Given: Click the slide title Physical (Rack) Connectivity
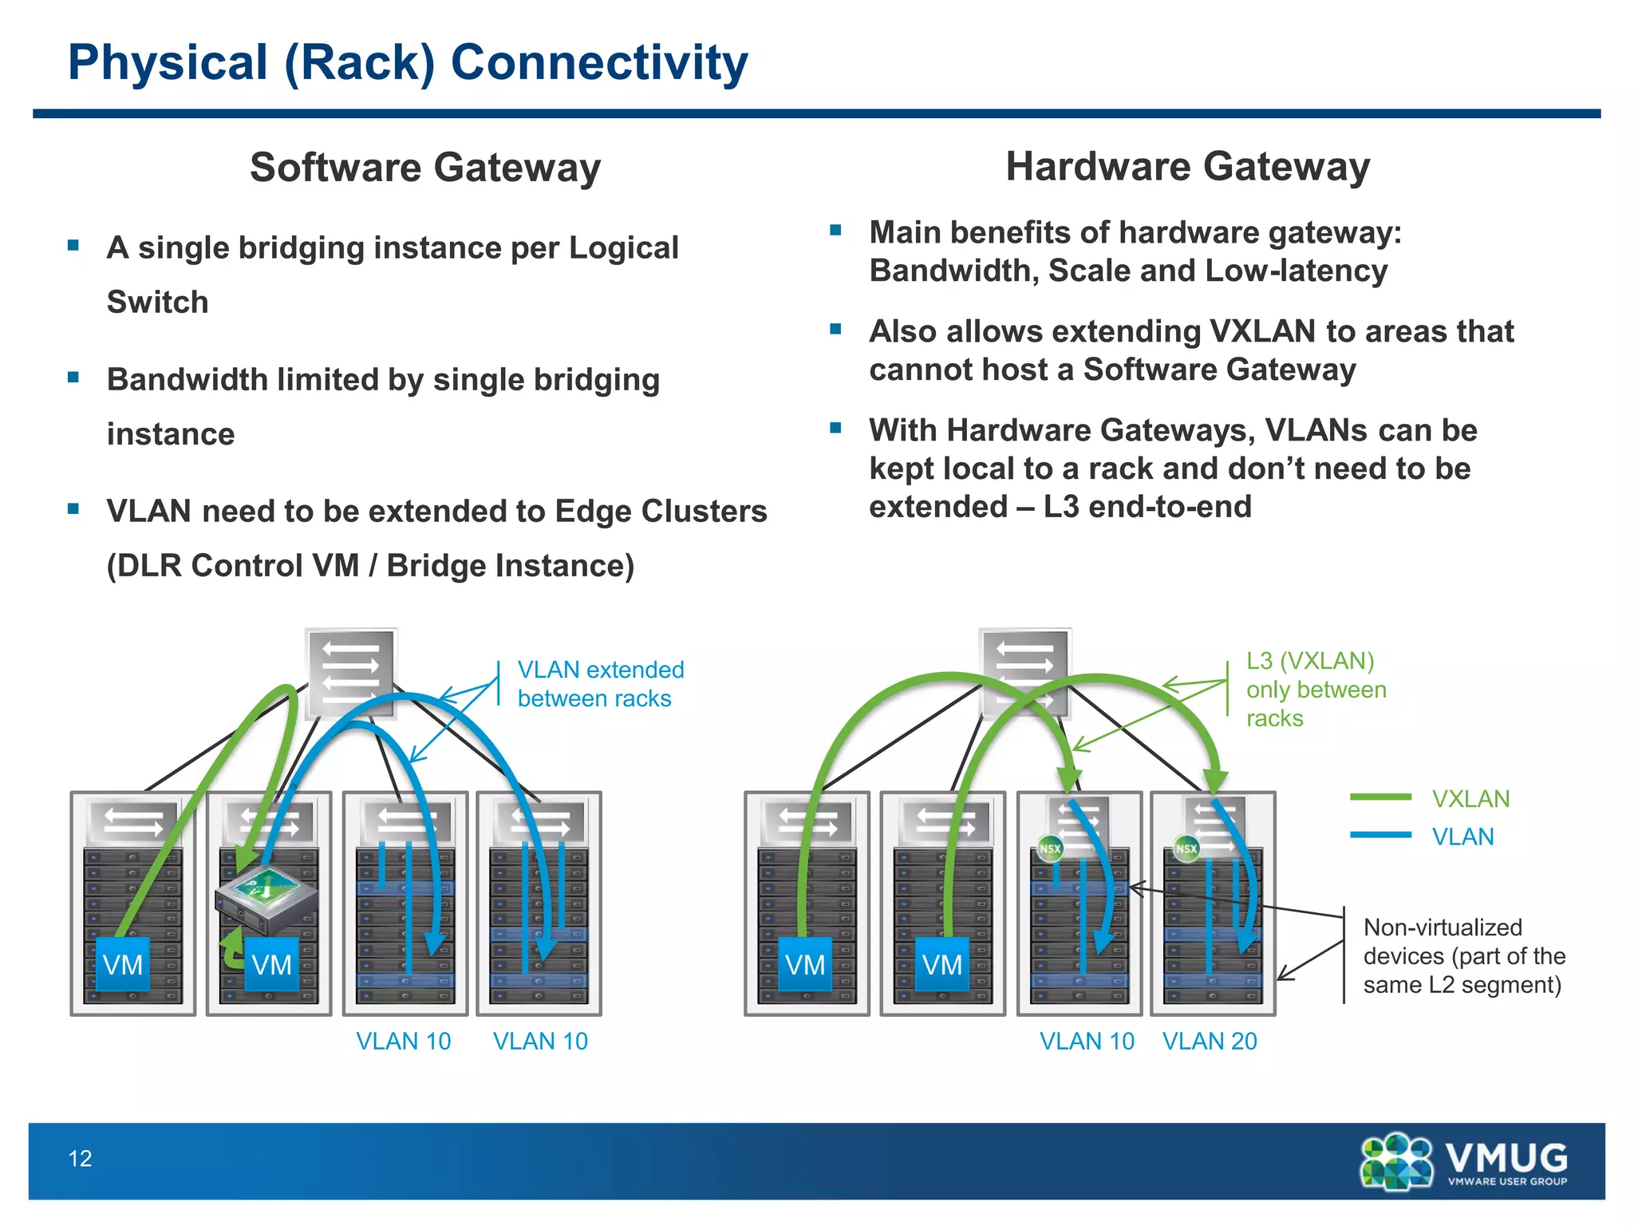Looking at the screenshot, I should tap(408, 62).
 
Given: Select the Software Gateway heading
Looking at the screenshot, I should tap(424, 168).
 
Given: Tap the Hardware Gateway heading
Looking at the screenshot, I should tap(1187, 167).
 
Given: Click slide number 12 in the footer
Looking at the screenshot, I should tap(80, 1158).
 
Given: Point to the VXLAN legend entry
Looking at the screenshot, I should tap(1470, 798).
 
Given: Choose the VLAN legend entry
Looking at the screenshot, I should tap(1462, 836).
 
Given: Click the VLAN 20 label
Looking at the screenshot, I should tap(1209, 1041).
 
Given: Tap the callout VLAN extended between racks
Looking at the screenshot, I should tap(600, 684).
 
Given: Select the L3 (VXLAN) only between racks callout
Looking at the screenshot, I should tap(1316, 689).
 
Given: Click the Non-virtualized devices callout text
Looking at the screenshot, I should tap(1463, 955).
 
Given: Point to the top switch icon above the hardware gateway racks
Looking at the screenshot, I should tap(1025, 670).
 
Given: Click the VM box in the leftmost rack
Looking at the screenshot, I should tap(123, 965).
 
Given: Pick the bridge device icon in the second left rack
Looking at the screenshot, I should tap(266, 898).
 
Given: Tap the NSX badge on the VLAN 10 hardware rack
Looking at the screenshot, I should tap(1050, 848).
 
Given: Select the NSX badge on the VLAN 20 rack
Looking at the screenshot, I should tap(1186, 848).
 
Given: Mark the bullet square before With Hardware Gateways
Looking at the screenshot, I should tap(835, 428).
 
